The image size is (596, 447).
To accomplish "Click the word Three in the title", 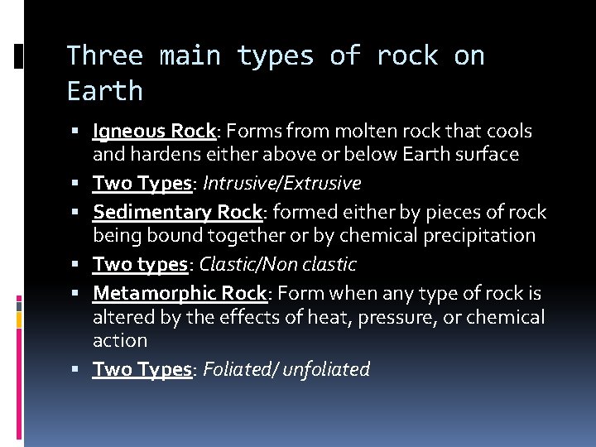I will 104,56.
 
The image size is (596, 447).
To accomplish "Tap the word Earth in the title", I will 104,91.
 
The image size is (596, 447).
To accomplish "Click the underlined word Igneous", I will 130,132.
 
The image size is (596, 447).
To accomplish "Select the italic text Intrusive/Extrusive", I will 281,183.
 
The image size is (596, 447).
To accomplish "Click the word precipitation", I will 480,235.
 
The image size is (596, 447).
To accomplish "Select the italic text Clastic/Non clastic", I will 278,264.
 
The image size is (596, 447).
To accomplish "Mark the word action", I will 120,339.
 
